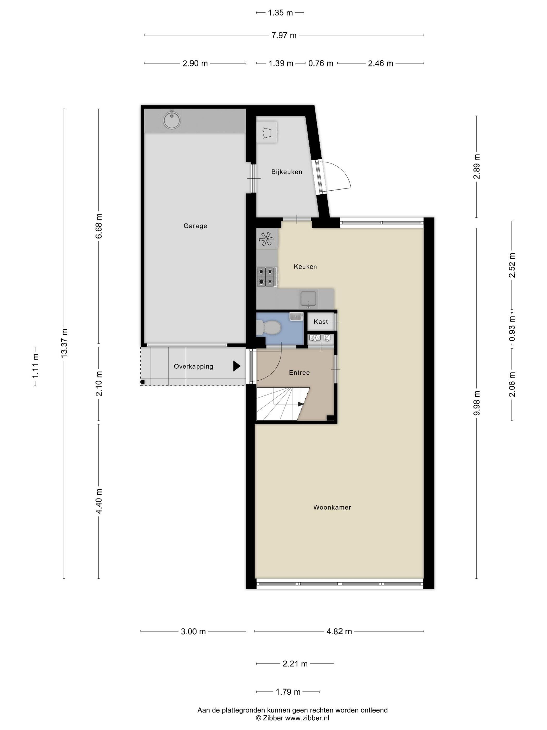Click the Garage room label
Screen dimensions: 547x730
(x=195, y=226)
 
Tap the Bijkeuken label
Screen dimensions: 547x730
(x=287, y=172)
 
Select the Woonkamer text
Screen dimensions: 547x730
(x=332, y=508)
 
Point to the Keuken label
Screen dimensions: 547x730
(x=305, y=267)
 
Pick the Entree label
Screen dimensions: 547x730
(x=299, y=373)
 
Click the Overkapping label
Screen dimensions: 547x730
(x=194, y=367)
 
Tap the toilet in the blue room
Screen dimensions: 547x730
(x=269, y=328)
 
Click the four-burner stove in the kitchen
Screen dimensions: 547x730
(x=266, y=277)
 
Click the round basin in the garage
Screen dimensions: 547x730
(x=172, y=120)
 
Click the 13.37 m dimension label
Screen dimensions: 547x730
(x=64, y=343)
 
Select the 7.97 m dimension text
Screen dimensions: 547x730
(x=284, y=35)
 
